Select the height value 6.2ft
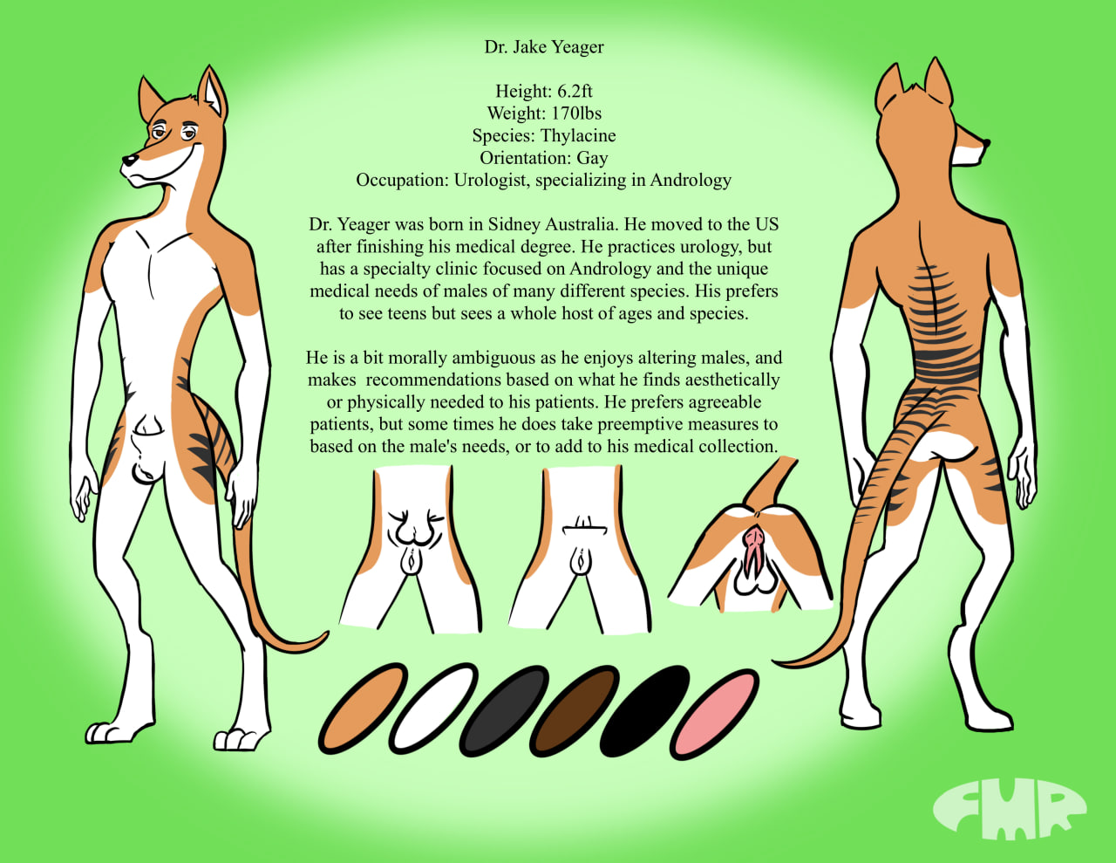point(575,92)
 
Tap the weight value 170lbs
point(577,113)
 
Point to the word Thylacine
point(578,136)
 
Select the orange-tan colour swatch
point(363,709)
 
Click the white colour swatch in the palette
point(433,709)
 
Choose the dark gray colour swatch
point(504,710)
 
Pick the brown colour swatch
point(575,710)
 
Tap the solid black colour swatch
point(644,710)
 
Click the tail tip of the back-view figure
point(775,663)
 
